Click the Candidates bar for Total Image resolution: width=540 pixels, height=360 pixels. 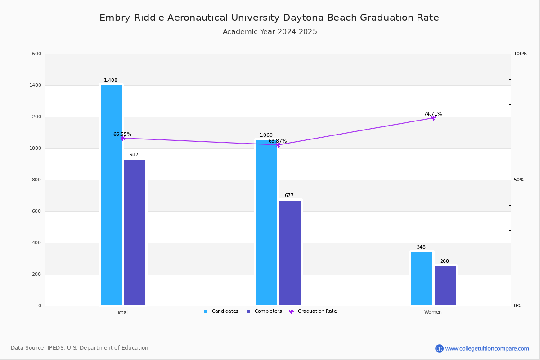click(111, 195)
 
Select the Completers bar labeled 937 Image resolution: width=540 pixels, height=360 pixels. click(135, 232)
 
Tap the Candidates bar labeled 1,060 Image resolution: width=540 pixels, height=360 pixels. click(266, 223)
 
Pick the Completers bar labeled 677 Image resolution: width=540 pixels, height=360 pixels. click(290, 253)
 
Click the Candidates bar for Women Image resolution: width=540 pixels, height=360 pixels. click(422, 279)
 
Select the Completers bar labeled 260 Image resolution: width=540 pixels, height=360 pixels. click(445, 286)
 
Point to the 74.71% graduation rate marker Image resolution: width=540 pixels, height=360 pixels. click(433, 118)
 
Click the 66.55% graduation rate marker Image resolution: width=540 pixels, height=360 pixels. click(122, 138)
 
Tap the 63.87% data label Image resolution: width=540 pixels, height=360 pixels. click(278, 141)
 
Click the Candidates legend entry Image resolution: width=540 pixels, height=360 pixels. click(221, 311)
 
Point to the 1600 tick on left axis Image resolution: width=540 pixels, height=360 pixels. click(36, 54)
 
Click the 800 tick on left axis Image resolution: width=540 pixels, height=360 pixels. click(36, 180)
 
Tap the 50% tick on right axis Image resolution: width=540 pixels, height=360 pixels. click(519, 180)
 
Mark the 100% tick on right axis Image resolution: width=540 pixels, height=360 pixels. click(520, 54)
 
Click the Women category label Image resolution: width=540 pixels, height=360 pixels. click(433, 312)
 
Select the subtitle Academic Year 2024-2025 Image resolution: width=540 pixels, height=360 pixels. click(270, 32)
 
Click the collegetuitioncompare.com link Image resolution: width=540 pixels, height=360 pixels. click(487, 348)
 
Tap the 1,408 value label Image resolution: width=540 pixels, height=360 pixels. click(111, 81)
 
